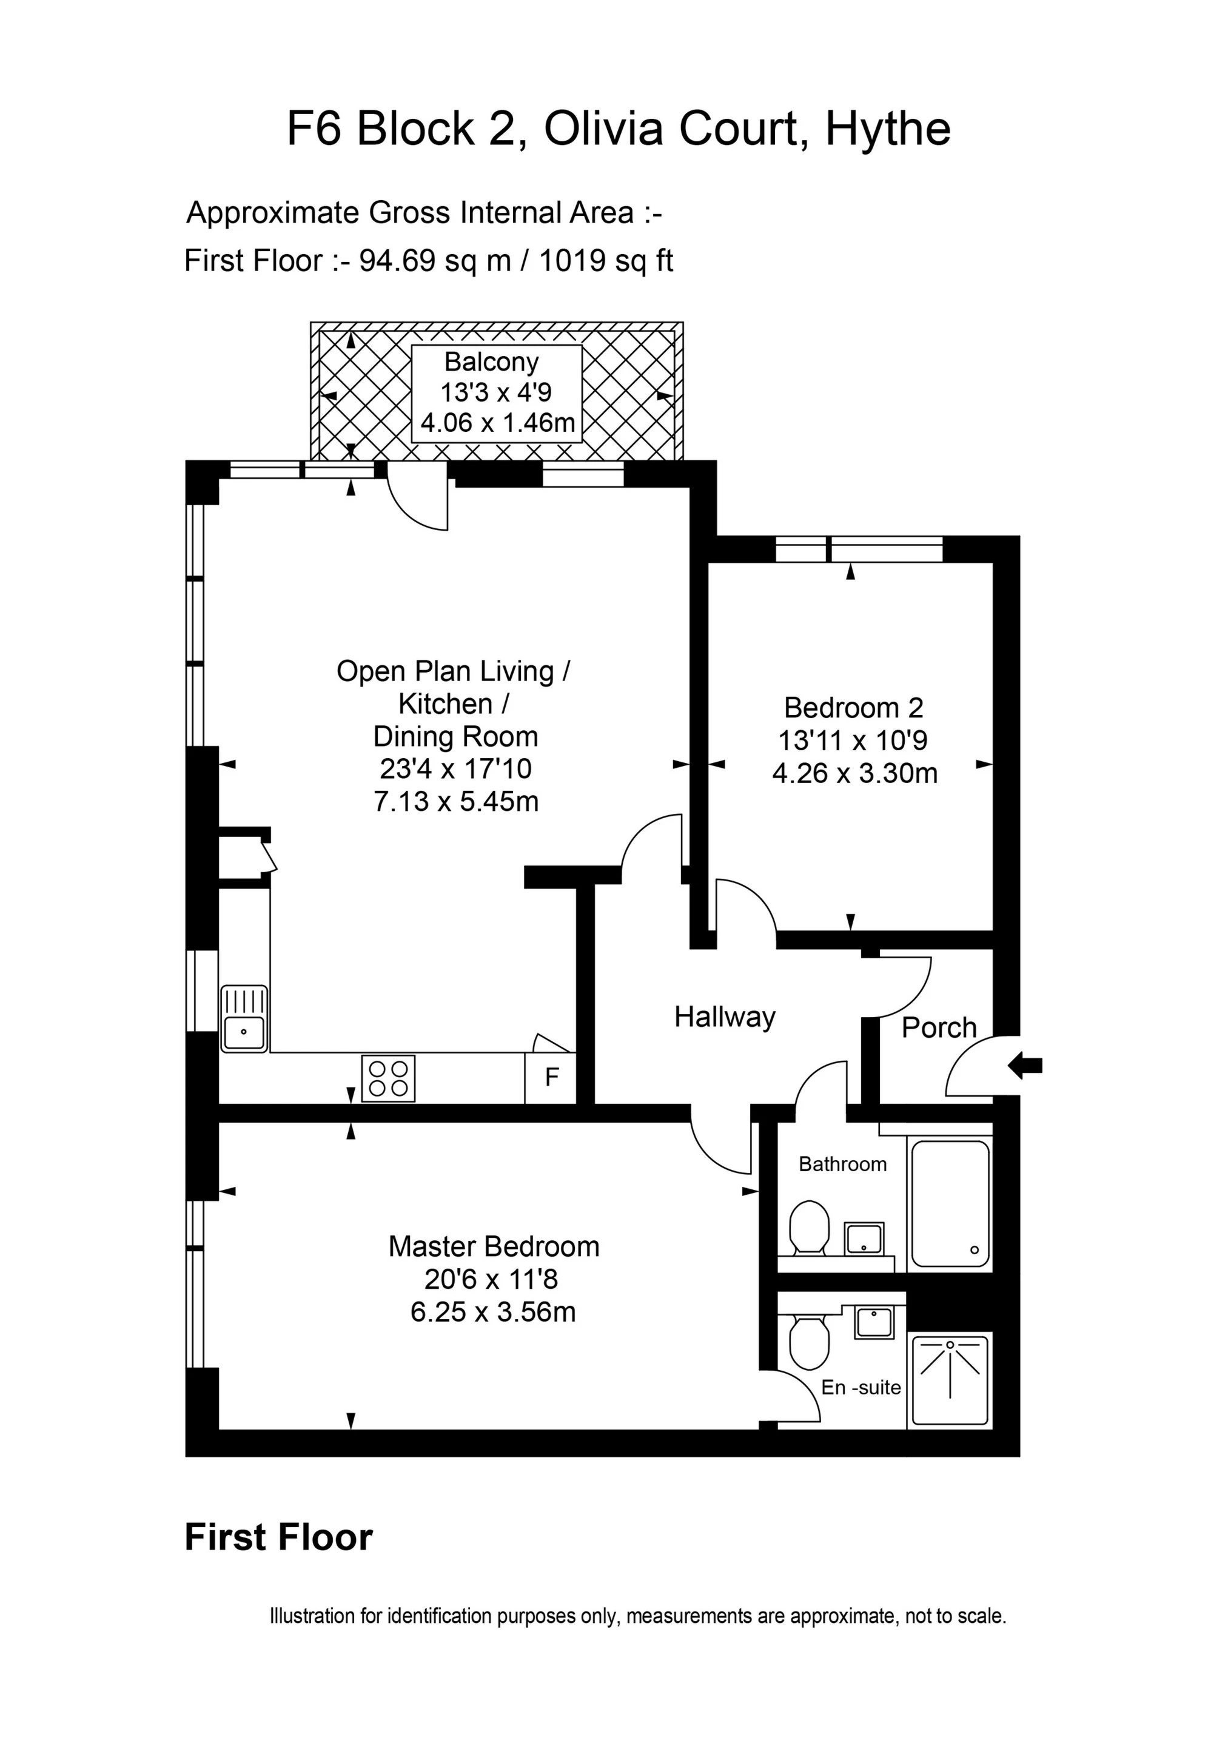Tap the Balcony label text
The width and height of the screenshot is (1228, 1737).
pyautogui.click(x=491, y=361)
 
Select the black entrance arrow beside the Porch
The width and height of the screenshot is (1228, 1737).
pyautogui.click(x=1025, y=1066)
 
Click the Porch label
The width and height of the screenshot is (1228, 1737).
pyautogui.click(x=939, y=1027)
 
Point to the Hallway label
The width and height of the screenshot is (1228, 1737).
pyautogui.click(x=724, y=1016)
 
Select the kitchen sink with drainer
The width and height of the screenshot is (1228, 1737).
pyautogui.click(x=244, y=1018)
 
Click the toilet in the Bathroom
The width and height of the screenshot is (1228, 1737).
pyautogui.click(x=808, y=1226)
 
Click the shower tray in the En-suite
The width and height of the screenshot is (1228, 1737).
pyautogui.click(x=950, y=1380)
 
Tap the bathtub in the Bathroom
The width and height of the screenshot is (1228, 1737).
pyautogui.click(x=950, y=1203)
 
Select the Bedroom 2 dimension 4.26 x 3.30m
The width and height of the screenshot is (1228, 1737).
pyautogui.click(x=854, y=773)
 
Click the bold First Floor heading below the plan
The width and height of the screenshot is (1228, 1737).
pyautogui.click(x=278, y=1537)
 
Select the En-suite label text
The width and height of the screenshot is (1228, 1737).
pyautogui.click(x=861, y=1388)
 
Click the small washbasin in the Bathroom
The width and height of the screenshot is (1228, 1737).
pyautogui.click(x=864, y=1238)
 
